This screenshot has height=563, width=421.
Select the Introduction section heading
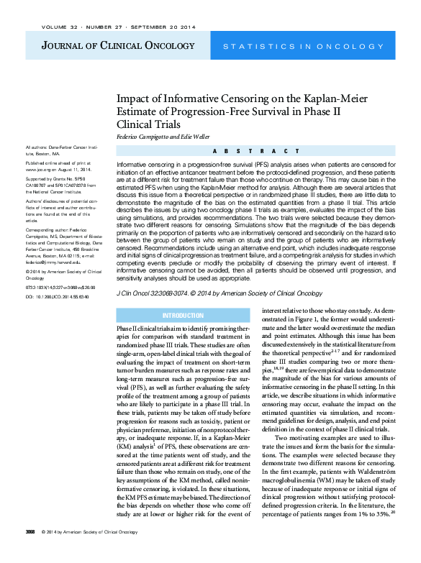tap(183, 315)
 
